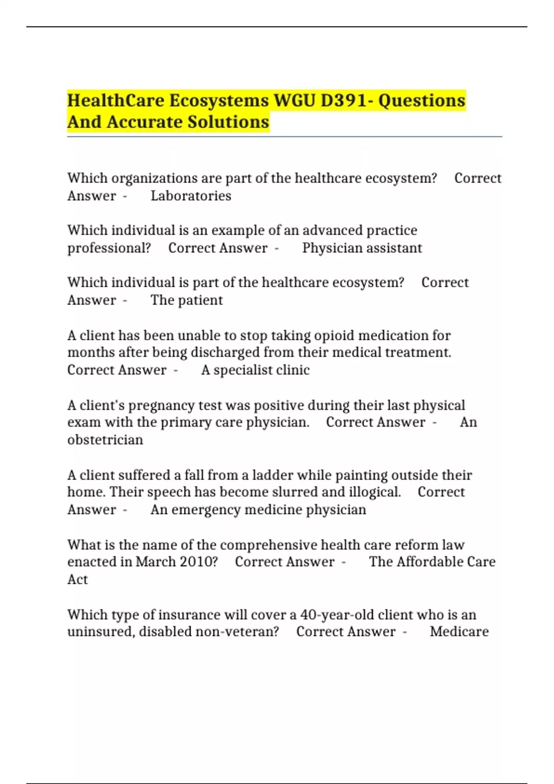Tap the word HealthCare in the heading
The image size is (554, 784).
coord(116,101)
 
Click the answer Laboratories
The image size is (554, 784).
coord(191,196)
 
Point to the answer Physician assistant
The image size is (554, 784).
coord(362,248)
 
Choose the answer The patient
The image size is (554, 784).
coord(187,300)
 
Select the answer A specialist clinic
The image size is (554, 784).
coord(255,370)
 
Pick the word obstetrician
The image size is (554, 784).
coord(105,440)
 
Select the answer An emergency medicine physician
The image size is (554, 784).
coord(258,510)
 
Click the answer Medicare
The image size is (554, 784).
coord(459,632)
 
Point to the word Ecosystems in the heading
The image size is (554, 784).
coord(219,101)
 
